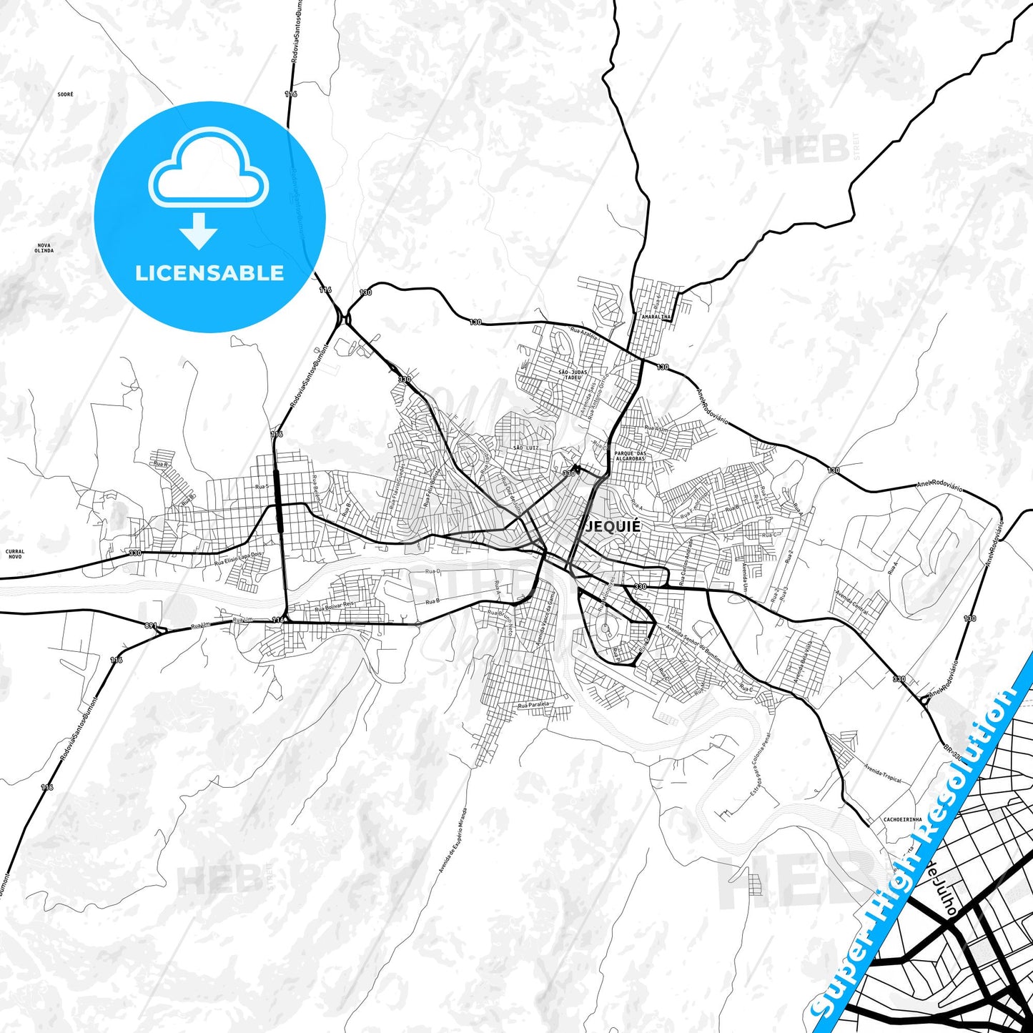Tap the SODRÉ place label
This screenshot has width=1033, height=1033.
[66, 94]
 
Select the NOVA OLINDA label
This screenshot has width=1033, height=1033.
[44, 248]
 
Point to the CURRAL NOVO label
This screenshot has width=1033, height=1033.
[14, 554]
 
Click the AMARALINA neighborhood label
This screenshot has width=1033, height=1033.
[656, 316]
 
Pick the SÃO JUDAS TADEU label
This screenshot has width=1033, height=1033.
[573, 375]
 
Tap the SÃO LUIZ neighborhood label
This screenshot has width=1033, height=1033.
[525, 448]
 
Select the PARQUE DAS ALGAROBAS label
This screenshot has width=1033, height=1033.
[630, 456]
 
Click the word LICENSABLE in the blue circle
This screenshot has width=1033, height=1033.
[209, 273]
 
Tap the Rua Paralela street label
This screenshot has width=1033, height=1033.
[533, 705]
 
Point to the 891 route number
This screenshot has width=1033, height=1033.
[150, 626]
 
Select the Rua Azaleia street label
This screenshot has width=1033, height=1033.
[583, 332]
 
